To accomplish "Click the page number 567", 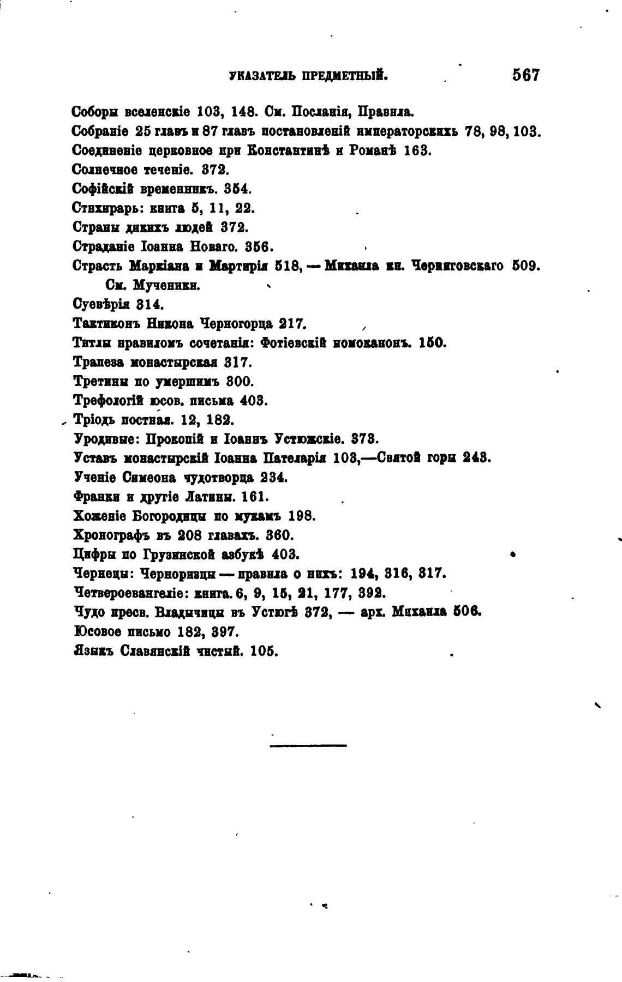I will click(525, 75).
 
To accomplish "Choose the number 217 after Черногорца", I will click(292, 323).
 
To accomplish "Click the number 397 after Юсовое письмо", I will click(224, 631).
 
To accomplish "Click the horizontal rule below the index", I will click(308, 745).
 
